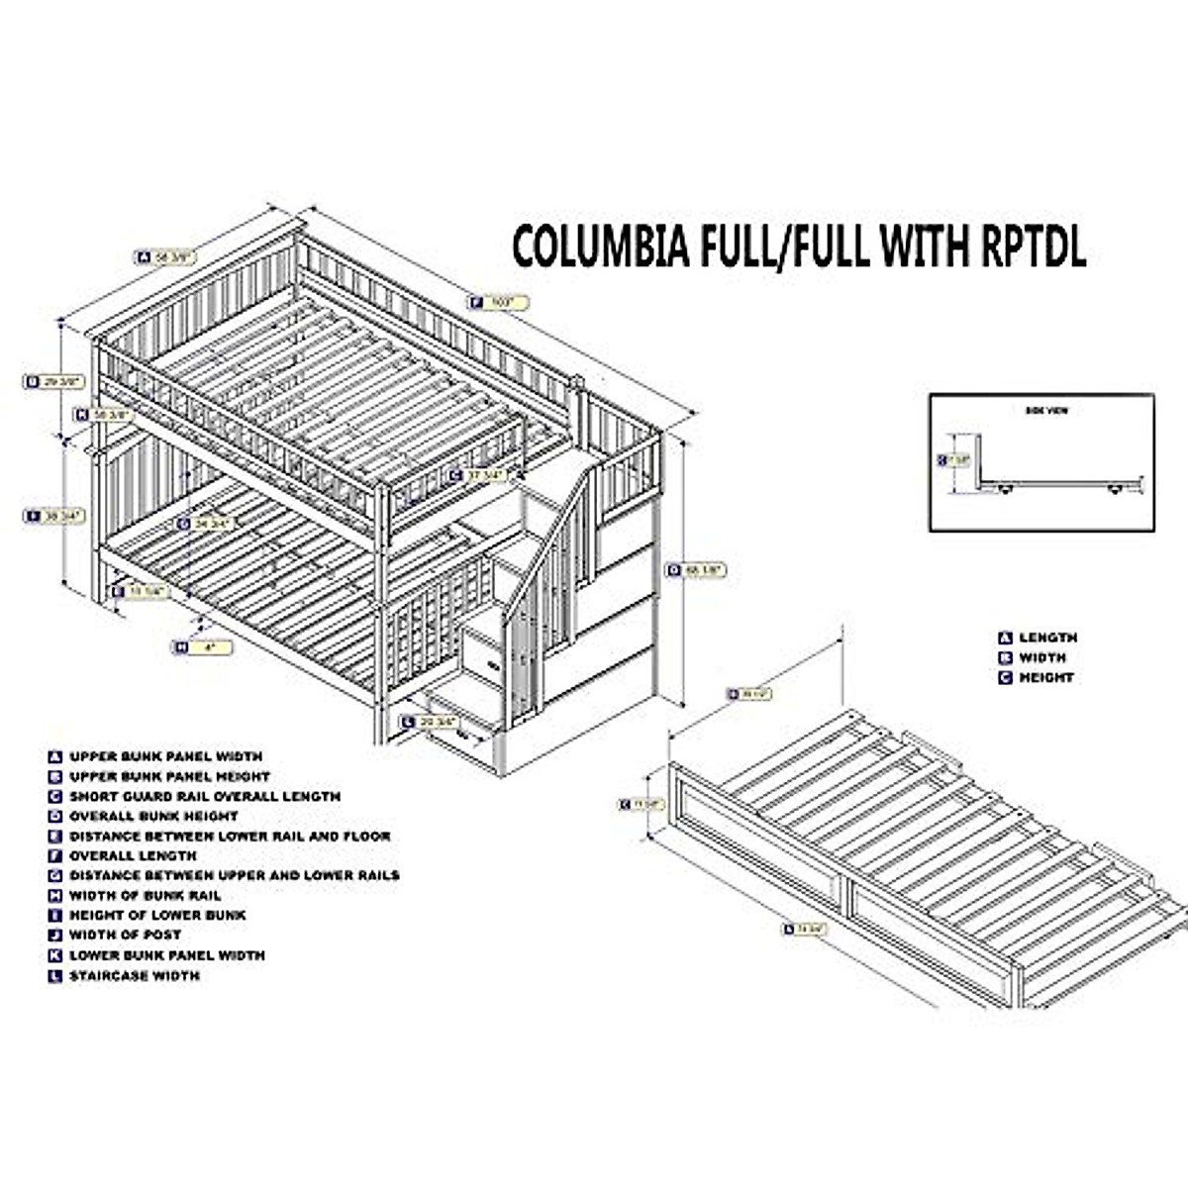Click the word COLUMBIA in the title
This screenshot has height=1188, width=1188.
point(600,247)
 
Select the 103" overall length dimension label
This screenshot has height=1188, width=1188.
point(500,302)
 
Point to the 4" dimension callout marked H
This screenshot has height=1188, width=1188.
point(202,647)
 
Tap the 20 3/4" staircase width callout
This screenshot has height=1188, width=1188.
point(430,723)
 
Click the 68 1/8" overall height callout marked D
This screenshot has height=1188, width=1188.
point(696,570)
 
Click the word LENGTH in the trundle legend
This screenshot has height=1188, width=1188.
point(1047,639)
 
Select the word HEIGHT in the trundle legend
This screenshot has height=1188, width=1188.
point(1045,678)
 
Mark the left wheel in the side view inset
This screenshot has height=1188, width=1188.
point(1005,489)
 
